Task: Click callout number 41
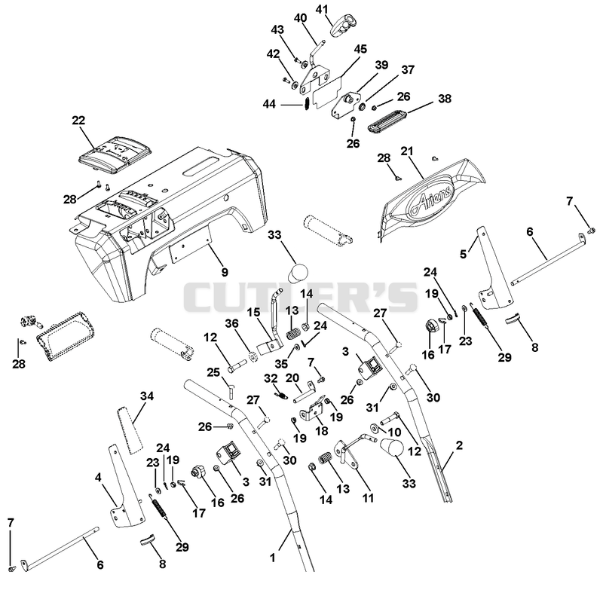pos(323,9)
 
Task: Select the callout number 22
pos(78,121)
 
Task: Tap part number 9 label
pos(225,272)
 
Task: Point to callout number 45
pos(360,49)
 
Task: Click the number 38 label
pos(445,99)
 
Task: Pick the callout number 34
pos(146,396)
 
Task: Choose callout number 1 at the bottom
pos(273,558)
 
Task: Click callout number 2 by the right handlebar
pos(459,445)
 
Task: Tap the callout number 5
pos(464,254)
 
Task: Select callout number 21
pos(407,151)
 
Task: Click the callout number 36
pos(232,323)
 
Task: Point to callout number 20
pos(292,378)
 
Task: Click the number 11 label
pos(368,498)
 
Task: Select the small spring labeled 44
pos(307,104)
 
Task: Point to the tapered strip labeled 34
pos(130,429)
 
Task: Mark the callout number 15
pos(253,312)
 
